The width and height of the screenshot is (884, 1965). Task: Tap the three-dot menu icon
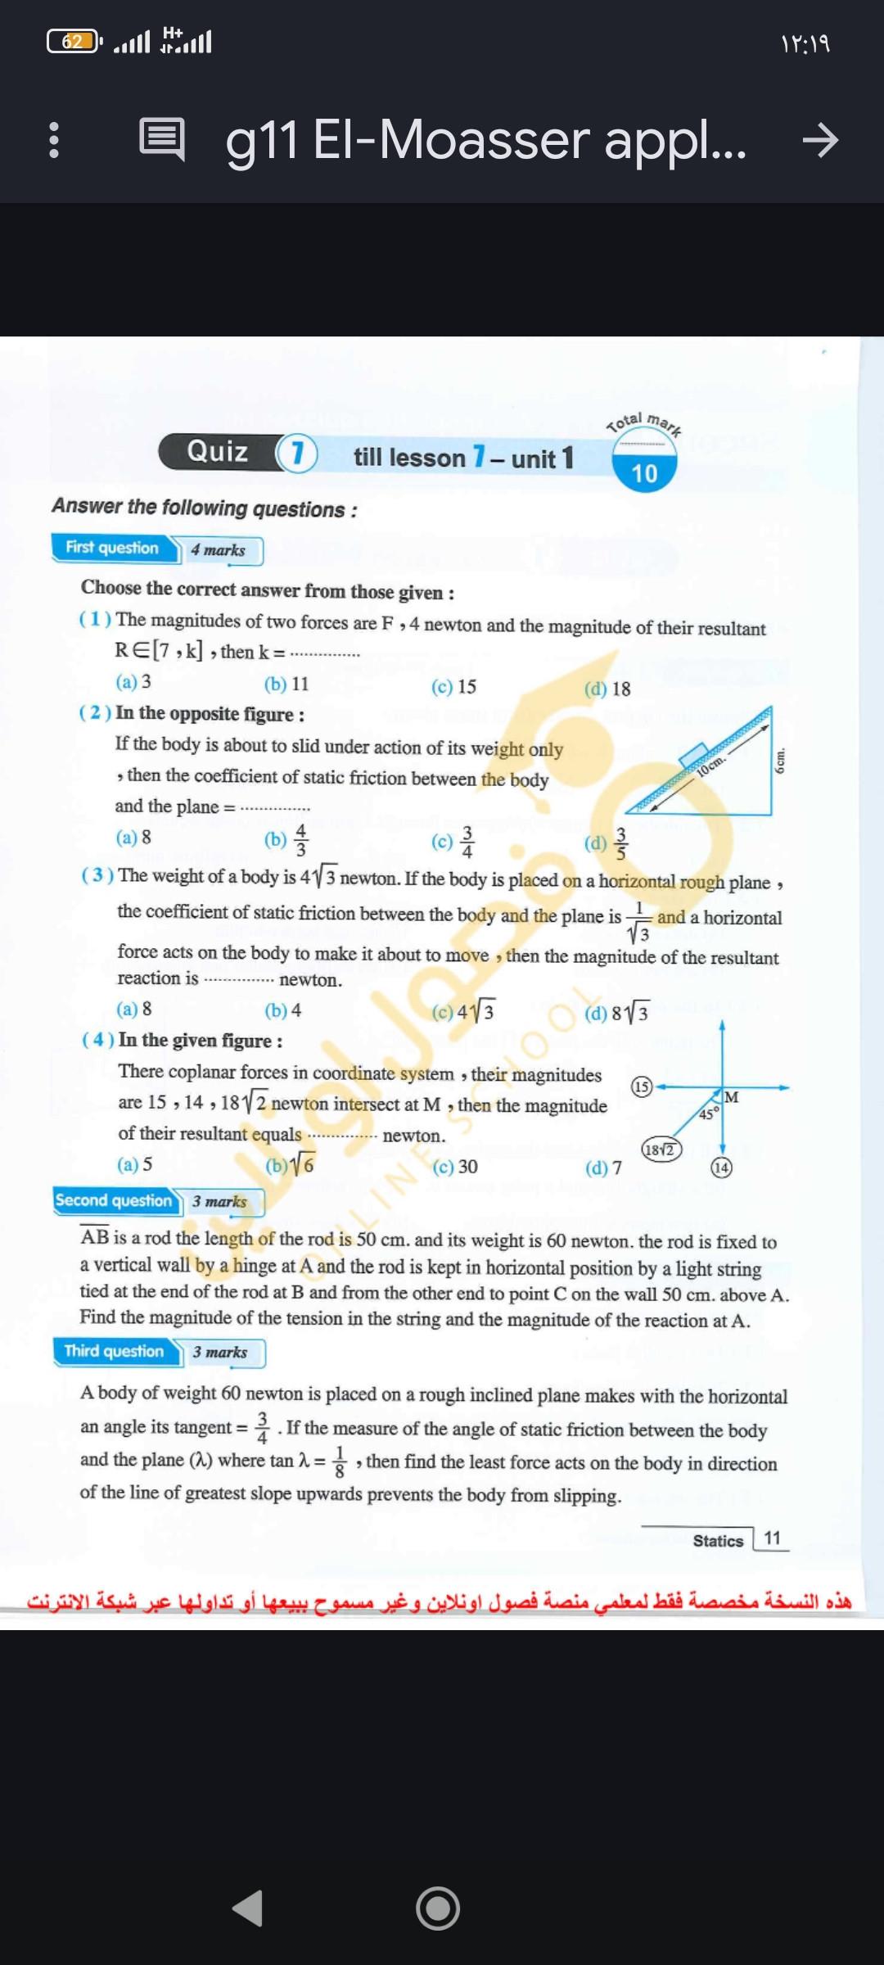pyautogui.click(x=54, y=139)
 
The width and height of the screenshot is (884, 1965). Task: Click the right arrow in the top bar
pyautogui.click(x=820, y=140)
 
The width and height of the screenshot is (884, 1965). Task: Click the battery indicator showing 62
pyautogui.click(x=73, y=41)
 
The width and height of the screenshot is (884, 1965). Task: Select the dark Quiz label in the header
pyautogui.click(x=218, y=451)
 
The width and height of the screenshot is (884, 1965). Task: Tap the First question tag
pyautogui.click(x=113, y=548)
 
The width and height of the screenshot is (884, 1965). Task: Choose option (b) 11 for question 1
pyautogui.click(x=286, y=684)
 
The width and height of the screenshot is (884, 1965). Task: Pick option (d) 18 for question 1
pyautogui.click(x=607, y=689)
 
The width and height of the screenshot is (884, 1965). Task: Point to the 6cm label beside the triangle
pyautogui.click(x=780, y=761)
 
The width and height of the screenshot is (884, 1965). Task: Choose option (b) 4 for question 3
pyautogui.click(x=283, y=1010)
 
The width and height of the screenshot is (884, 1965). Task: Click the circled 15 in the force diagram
pyautogui.click(x=642, y=1086)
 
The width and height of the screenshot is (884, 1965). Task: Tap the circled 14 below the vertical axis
pyautogui.click(x=721, y=1168)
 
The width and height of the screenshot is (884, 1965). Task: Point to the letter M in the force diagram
pyautogui.click(x=732, y=1097)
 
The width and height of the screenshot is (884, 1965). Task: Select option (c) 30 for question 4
pyautogui.click(x=455, y=1166)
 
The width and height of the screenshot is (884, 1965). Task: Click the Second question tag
pyautogui.click(x=114, y=1200)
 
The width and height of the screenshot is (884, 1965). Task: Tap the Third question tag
pyautogui.click(x=115, y=1351)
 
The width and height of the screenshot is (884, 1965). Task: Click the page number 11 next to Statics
pyautogui.click(x=772, y=1538)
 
